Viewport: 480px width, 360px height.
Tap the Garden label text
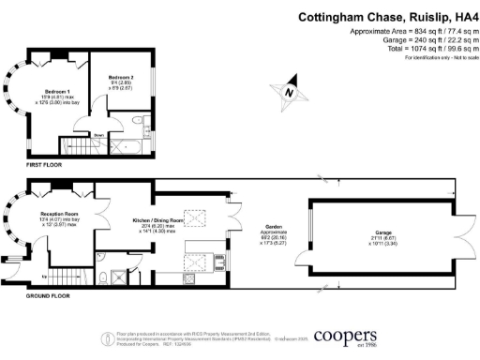(x=268, y=228)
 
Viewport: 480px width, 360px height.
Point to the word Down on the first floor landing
(x=97, y=135)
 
